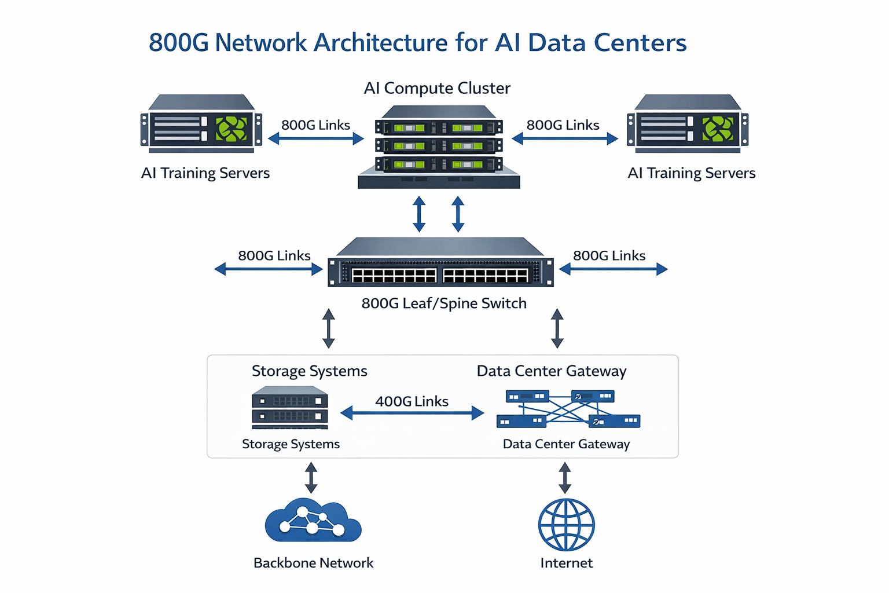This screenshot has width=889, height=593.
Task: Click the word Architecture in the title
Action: (380, 43)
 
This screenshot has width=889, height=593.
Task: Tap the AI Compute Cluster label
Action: (437, 88)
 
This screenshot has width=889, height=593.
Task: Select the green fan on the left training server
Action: (231, 129)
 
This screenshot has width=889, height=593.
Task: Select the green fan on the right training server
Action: (718, 129)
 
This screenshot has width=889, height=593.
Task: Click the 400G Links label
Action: (412, 401)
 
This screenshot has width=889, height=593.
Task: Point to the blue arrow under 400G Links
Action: (412, 413)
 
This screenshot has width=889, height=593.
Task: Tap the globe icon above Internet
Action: (566, 525)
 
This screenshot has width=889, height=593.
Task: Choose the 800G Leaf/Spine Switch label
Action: (444, 303)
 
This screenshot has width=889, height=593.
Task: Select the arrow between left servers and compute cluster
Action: (316, 139)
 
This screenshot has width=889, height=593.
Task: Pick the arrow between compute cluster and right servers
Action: (565, 139)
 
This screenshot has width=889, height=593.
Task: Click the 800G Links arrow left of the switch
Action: (269, 269)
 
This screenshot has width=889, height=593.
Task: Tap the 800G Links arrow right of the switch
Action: (614, 269)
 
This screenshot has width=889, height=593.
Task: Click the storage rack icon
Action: (290, 408)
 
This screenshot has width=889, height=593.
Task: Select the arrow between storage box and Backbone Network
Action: (311, 477)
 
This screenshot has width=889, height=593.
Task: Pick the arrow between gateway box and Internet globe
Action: (565, 477)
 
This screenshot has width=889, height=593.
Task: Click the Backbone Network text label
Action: (313, 563)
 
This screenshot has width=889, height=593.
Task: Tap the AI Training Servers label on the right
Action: (692, 173)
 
